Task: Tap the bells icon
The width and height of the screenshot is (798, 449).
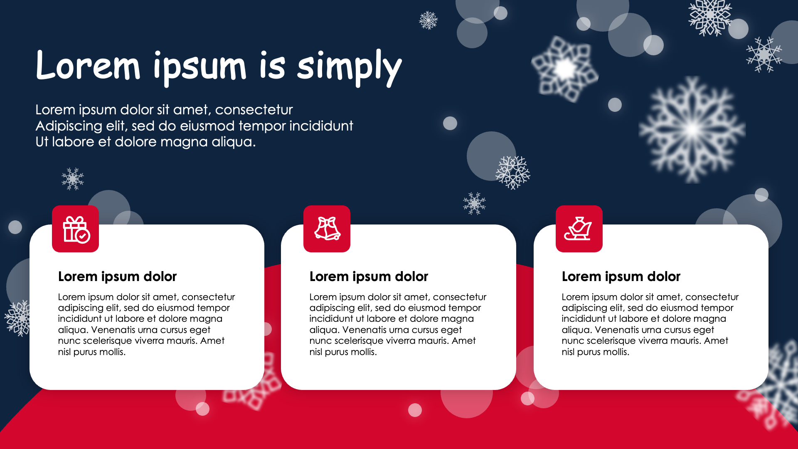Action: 328,228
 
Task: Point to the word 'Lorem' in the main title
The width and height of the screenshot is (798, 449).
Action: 88,65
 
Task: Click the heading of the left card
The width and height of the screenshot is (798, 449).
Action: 117,276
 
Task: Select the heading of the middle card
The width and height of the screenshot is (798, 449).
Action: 369,276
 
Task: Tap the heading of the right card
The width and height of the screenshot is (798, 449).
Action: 621,276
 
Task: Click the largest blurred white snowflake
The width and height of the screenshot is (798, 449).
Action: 692,130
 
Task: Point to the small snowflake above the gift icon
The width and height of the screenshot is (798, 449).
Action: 73,179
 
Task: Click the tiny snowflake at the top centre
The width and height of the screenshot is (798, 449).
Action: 429,20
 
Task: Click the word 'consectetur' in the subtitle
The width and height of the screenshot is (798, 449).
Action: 254,110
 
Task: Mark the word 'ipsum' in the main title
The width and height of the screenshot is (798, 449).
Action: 200,67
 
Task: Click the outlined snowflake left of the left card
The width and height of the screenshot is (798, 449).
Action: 17,318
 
